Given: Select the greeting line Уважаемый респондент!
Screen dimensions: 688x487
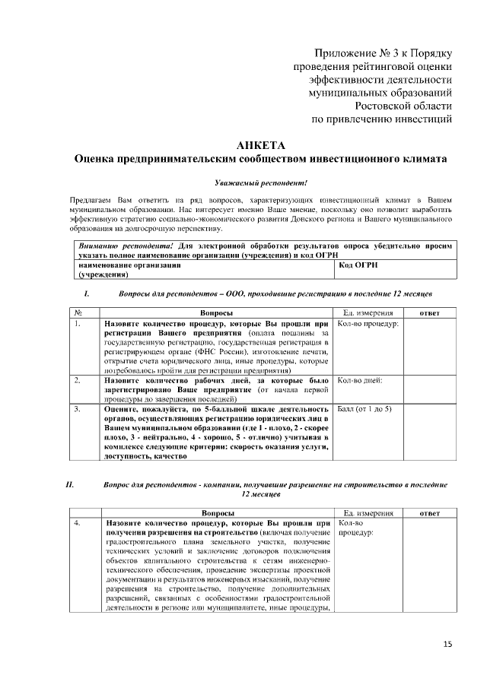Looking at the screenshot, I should tap(260, 183).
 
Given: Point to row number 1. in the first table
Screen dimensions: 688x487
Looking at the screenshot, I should tap(78, 323).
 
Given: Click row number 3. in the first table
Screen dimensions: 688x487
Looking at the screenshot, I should tap(78, 408).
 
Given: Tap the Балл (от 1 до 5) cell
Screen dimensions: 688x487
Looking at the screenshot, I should tap(364, 408).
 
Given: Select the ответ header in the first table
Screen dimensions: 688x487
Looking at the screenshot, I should tap(431, 312).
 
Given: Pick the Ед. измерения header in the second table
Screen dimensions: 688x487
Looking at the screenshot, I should tap(368, 512).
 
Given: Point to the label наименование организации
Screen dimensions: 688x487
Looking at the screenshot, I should tap(129, 265).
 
